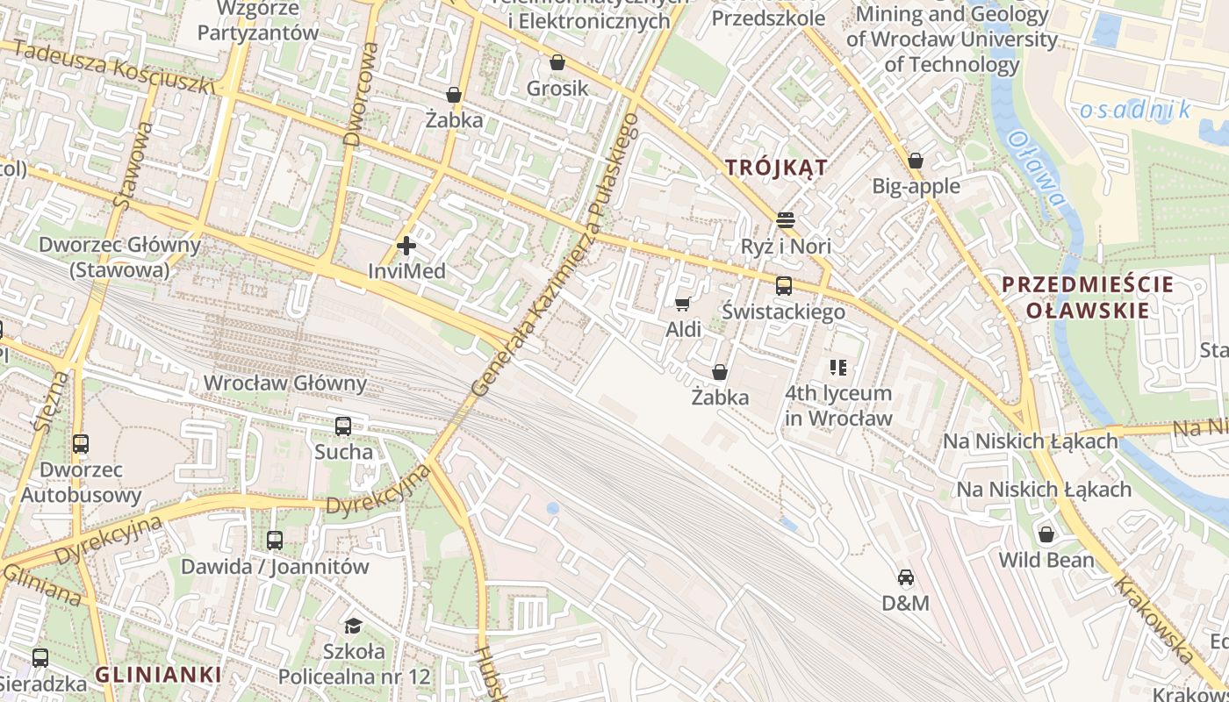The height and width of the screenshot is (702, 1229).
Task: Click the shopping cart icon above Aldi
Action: [682, 304]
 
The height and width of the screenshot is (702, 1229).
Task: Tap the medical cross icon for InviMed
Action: [406, 246]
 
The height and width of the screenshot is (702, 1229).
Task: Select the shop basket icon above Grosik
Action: [557, 62]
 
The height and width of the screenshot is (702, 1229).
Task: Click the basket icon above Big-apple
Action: [916, 161]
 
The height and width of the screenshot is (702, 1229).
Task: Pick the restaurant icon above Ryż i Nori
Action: [785, 219]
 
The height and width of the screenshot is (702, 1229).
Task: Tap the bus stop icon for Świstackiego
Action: [783, 285]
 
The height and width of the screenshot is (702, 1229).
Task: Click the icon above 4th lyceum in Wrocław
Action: [837, 367]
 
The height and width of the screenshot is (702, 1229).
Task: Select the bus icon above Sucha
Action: [342, 426]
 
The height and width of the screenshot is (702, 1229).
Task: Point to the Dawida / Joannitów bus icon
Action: [275, 541]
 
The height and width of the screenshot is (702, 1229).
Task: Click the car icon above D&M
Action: [906, 577]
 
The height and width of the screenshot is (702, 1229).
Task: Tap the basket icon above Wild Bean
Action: [1046, 534]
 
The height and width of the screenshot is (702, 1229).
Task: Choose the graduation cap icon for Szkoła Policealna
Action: [353, 625]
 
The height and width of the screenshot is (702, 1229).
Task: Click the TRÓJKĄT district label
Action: [776, 168]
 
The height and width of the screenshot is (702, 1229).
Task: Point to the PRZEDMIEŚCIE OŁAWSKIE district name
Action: [1087, 297]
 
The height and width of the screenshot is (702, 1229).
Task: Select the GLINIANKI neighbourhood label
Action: [158, 675]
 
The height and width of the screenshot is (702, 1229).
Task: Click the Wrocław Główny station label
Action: [284, 383]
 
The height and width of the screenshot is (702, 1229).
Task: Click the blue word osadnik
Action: [1135, 110]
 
